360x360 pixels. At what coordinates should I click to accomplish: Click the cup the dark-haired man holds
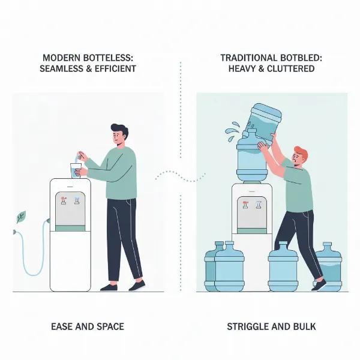click(76, 170)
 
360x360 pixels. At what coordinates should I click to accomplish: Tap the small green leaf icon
click(21, 217)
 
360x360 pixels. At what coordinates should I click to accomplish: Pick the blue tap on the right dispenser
click(260, 205)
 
